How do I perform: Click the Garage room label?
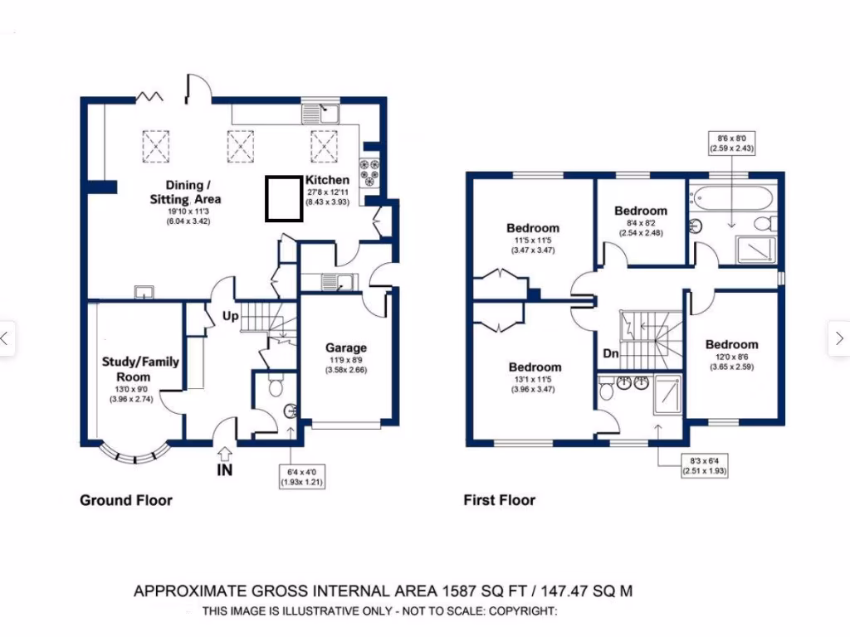pyautogui.click(x=345, y=348)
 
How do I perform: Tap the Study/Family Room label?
pyautogui.click(x=140, y=368)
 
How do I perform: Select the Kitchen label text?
pyautogui.click(x=327, y=180)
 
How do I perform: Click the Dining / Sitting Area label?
pyautogui.click(x=185, y=192)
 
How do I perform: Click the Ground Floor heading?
pyautogui.click(x=125, y=500)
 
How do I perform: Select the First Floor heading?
pyautogui.click(x=499, y=500)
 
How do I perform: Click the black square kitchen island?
pyautogui.click(x=283, y=199)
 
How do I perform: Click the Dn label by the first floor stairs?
pyautogui.click(x=610, y=354)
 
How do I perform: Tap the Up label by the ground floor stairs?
pyautogui.click(x=230, y=316)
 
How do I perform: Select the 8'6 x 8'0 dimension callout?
pyautogui.click(x=731, y=143)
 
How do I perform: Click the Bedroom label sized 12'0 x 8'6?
pyautogui.click(x=731, y=344)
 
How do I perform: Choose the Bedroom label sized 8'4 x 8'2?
pyautogui.click(x=640, y=212)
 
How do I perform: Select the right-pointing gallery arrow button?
pyautogui.click(x=838, y=338)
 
